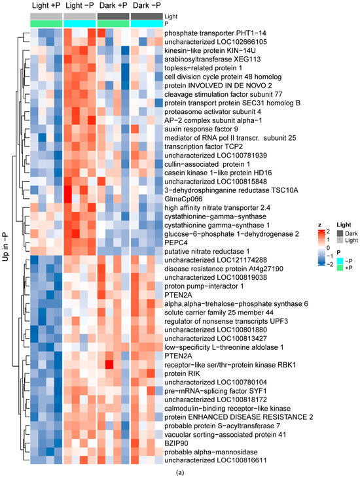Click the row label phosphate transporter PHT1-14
tap(215, 33)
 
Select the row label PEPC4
tap(176, 243)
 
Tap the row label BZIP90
tap(176, 443)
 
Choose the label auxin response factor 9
tap(201, 129)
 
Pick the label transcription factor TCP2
tap(204, 146)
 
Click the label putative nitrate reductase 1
tap(207, 252)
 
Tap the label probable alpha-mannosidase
tap(211, 452)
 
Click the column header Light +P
tap(46, 5)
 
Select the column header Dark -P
tap(147, 5)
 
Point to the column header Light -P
tap(80, 5)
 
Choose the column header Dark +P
tap(113, 5)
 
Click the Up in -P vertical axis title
tap(5, 247)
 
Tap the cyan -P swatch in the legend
tap(340, 261)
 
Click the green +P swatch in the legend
tap(340, 267)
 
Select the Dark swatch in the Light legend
tap(340, 233)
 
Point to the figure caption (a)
tap(180, 473)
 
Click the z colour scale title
tap(319, 225)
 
